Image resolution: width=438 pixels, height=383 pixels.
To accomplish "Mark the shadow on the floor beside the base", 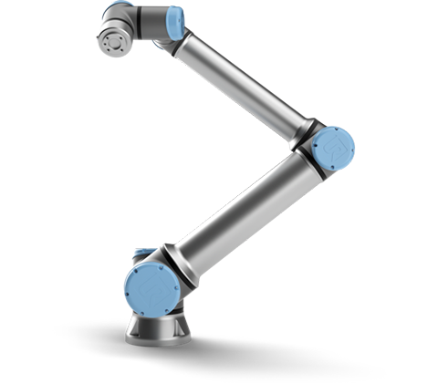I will (x=237, y=351).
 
